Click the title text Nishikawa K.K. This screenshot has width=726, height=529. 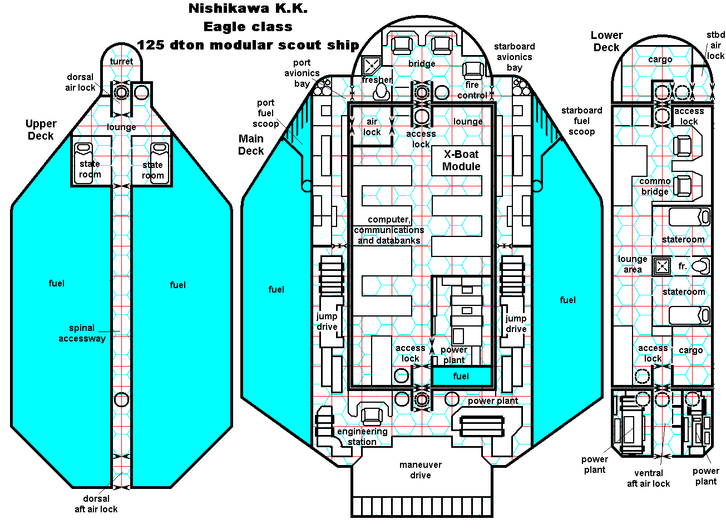[x=248, y=8]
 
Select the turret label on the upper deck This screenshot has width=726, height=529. [x=121, y=61]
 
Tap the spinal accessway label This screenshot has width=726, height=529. [x=82, y=333]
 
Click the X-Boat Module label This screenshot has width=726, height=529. [x=461, y=160]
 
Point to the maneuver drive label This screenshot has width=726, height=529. [x=421, y=470]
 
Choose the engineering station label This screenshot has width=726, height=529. [x=362, y=437]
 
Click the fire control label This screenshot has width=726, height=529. [x=472, y=90]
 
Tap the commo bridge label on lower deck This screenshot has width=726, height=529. [x=655, y=186]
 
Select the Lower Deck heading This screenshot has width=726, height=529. [x=606, y=41]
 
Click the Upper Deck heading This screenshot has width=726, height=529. [x=41, y=130]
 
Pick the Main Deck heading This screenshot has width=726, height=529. [x=251, y=145]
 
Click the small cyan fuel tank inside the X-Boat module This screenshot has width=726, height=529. [x=461, y=377]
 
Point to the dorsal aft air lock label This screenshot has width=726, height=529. [x=96, y=504]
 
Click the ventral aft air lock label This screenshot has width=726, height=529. [x=649, y=478]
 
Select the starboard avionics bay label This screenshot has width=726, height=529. [x=515, y=57]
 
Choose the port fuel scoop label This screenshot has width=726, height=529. [x=266, y=113]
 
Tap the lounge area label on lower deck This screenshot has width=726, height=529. [x=633, y=264]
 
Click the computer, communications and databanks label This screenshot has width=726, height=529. [x=389, y=230]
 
